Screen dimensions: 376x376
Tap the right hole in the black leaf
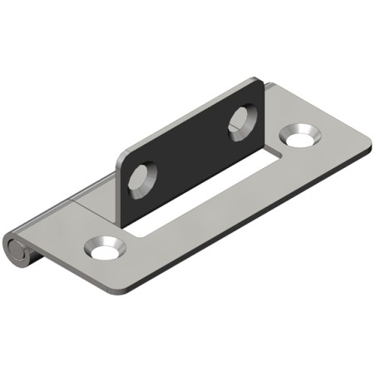point(242,121)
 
